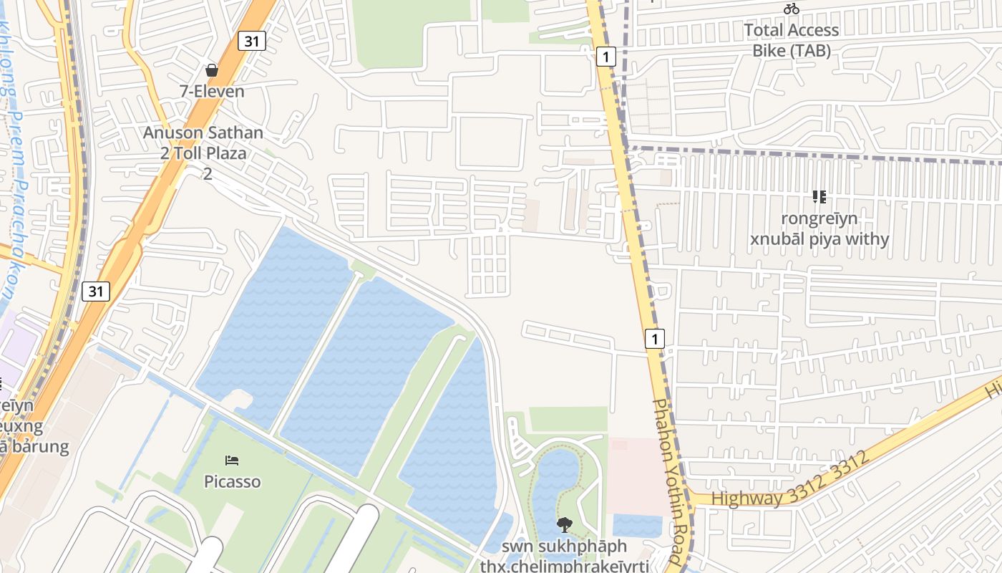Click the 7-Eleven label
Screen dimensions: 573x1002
coord(212,91)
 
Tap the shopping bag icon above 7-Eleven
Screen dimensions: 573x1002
coord(212,70)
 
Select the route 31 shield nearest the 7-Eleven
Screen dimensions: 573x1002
coord(251,41)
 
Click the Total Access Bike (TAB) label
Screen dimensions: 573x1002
coord(791,40)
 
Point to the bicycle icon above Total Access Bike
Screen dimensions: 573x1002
coord(791,9)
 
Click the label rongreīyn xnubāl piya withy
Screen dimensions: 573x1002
coord(819,228)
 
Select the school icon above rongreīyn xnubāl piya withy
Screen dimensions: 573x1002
coord(819,197)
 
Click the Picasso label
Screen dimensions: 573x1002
coord(232,481)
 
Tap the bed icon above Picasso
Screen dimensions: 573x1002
coord(232,461)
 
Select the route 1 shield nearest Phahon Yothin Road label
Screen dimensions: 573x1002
coord(654,338)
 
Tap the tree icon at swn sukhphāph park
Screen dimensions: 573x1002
coord(565,524)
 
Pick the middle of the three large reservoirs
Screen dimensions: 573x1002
coord(365,372)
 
